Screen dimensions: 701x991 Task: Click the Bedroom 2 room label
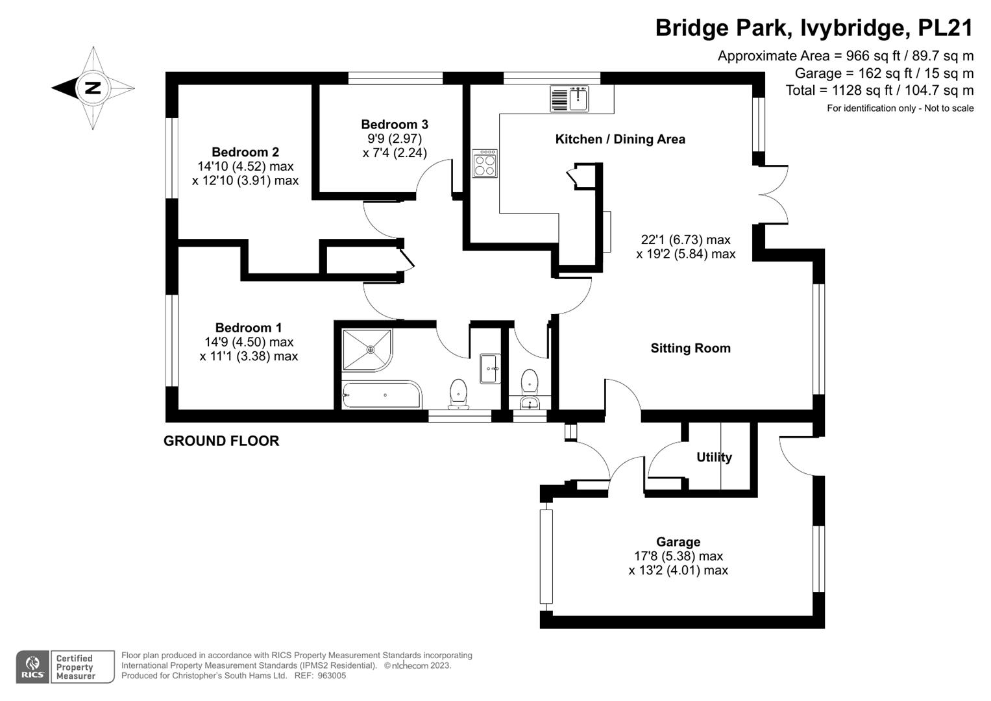[245, 153]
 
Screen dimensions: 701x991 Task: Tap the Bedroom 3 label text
[395, 124]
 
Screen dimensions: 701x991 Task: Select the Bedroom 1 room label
[249, 328]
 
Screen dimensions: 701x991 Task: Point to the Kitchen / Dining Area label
[620, 139]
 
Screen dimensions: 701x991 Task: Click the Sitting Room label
[691, 348]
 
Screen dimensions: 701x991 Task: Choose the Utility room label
[714, 457]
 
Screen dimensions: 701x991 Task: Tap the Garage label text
[678, 541]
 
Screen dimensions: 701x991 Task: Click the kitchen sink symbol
[569, 99]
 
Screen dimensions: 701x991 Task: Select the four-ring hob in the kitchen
[485, 163]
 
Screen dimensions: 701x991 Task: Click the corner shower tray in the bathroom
[367, 350]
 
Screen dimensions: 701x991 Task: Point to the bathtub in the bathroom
[382, 395]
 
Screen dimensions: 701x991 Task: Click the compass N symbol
[93, 88]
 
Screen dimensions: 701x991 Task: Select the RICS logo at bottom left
[32, 667]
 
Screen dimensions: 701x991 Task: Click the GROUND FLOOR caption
[221, 441]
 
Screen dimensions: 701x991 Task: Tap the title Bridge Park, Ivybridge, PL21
[814, 28]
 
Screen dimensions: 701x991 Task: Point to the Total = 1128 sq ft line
[879, 90]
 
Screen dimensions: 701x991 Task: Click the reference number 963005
[331, 676]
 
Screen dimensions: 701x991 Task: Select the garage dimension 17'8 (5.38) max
[678, 556]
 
